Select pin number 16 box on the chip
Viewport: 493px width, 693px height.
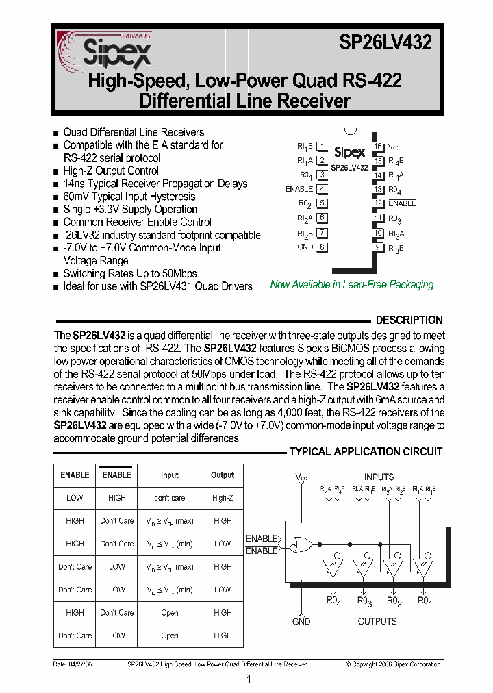point(378,147)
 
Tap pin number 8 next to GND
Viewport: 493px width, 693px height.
point(322,247)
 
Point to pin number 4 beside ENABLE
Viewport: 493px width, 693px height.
point(322,189)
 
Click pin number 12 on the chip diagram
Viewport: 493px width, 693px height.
point(378,203)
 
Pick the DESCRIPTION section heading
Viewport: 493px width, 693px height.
point(409,320)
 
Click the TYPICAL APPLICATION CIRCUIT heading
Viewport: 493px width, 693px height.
point(366,451)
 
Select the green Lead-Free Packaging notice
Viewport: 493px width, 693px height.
point(352,285)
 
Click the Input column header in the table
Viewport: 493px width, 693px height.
point(170,475)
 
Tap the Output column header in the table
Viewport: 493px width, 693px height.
point(223,475)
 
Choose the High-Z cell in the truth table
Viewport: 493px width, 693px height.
point(223,498)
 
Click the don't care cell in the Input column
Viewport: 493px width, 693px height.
point(170,498)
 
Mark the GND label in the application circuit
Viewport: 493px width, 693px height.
point(301,622)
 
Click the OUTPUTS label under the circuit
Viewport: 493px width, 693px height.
point(377,621)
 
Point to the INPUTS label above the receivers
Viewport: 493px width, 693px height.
point(379,477)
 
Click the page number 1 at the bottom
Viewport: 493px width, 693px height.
point(249,679)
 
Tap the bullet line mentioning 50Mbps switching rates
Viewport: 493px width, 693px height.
point(130,273)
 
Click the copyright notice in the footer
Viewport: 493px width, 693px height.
point(393,664)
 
